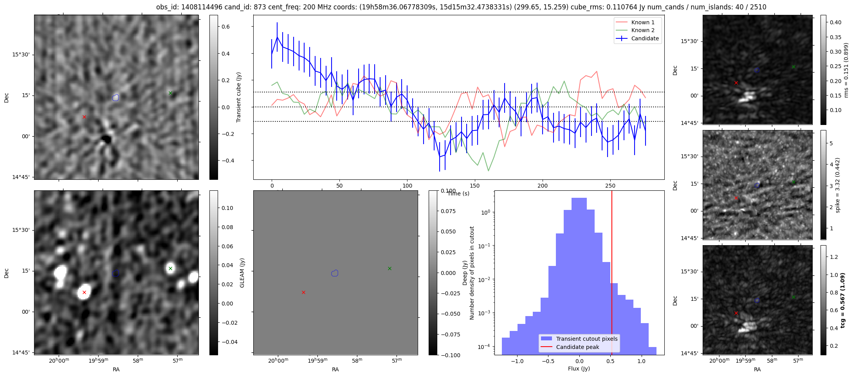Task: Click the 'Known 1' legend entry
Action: point(642,22)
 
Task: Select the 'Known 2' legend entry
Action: point(642,30)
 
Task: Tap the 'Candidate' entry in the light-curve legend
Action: point(645,38)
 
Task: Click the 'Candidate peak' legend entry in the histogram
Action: point(577,347)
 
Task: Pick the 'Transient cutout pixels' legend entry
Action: point(586,339)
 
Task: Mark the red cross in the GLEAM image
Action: point(84,293)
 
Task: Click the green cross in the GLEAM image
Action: point(170,268)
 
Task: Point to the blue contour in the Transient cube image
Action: point(115,98)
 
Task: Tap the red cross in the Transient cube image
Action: point(84,117)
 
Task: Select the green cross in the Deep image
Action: point(390,268)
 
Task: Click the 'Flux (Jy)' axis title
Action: point(579,369)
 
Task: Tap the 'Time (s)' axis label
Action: point(458,193)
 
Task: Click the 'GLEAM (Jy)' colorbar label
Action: point(242,273)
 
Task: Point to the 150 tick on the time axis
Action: point(475,186)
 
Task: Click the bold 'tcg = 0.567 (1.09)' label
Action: point(844,300)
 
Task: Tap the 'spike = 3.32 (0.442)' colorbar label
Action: point(837,185)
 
